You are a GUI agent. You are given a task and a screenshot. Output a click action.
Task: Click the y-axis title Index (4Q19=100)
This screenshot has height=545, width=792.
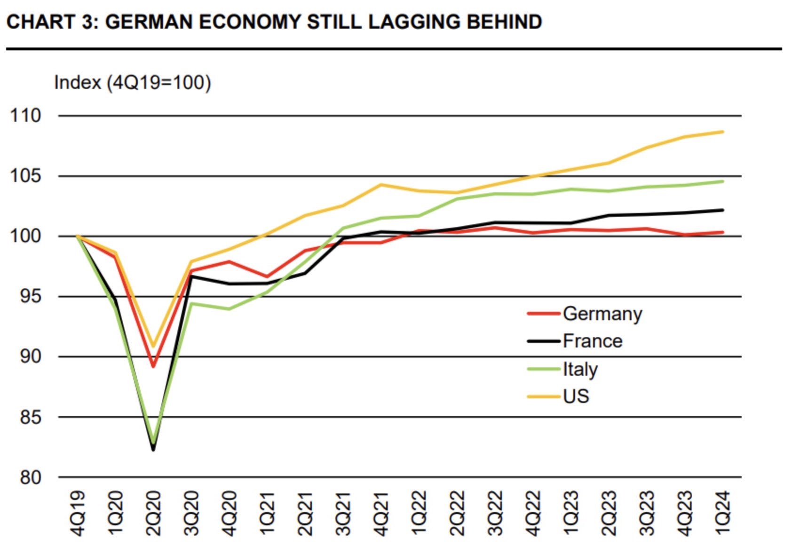133,83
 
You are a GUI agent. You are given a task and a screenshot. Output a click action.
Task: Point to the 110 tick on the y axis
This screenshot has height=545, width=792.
26,116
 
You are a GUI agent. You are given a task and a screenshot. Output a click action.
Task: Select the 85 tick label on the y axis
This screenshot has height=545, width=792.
31,417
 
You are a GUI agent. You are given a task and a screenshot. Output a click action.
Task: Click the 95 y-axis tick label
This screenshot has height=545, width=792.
31,297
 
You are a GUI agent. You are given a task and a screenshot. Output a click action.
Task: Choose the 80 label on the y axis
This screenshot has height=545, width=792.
31,477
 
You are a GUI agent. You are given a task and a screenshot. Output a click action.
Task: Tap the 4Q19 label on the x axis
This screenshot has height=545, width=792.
77,513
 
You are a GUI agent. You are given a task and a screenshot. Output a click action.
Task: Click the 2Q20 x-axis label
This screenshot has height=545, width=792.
153,513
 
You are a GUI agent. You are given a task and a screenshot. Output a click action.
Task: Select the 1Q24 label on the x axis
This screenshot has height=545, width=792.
722,513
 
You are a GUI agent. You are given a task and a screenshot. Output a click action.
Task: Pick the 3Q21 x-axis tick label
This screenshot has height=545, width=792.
342,513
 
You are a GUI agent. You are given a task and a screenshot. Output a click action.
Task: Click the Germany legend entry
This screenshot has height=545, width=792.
585,314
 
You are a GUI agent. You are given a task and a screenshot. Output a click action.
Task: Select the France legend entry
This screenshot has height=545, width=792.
575,341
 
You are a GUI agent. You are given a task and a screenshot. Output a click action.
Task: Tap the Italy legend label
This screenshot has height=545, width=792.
562,369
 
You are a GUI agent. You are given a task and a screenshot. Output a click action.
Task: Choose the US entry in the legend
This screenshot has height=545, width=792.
558,396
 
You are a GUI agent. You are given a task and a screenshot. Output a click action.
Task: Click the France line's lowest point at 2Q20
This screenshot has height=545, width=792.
153,450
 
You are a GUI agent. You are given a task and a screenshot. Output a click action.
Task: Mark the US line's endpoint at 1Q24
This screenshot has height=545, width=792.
722,132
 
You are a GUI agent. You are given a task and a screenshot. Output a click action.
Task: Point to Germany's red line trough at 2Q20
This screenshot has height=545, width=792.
153,366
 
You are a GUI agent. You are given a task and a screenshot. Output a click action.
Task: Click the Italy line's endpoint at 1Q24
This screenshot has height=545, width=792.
722,182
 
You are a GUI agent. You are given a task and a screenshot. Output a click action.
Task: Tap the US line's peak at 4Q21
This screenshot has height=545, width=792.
380,184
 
